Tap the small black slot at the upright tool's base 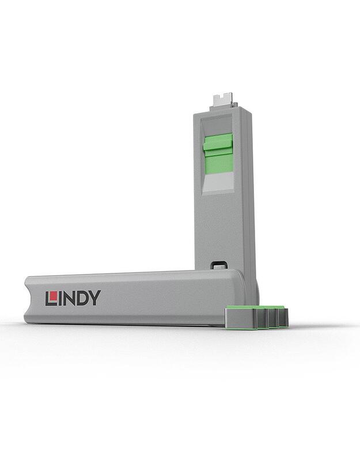click(x=217, y=265)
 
